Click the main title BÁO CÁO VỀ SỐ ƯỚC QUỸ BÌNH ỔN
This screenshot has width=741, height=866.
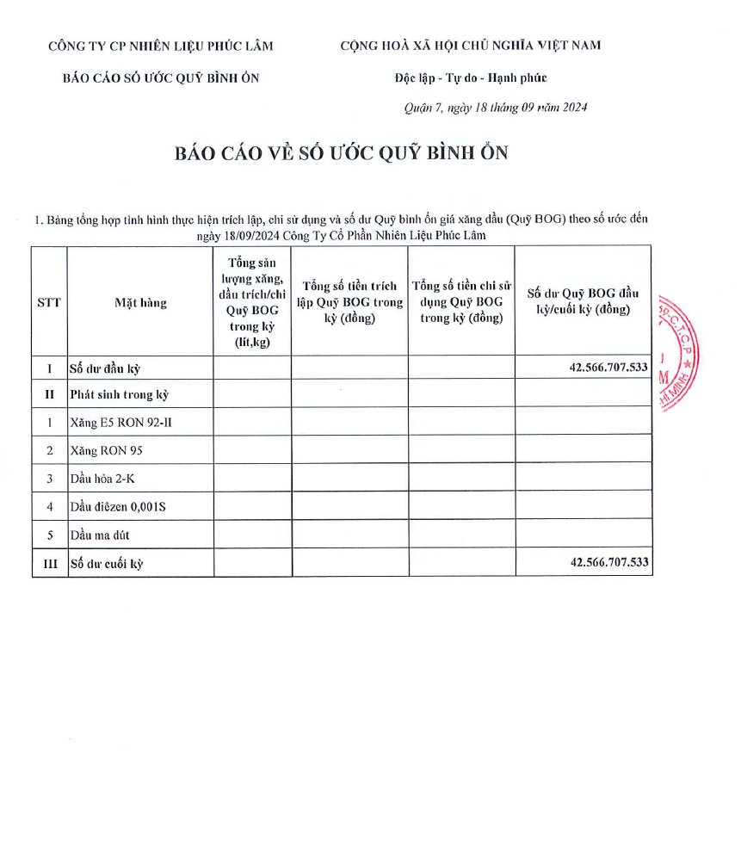[342, 153]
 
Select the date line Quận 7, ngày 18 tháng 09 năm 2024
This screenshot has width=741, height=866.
[496, 108]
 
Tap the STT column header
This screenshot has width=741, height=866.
[49, 302]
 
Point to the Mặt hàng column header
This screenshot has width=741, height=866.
[140, 302]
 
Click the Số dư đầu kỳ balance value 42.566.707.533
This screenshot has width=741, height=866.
[608, 367]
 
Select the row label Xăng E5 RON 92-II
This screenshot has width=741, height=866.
[114, 422]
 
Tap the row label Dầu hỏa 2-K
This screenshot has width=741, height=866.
[102, 479]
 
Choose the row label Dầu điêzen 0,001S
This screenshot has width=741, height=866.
[118, 506]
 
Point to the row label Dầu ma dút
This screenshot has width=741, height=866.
[100, 535]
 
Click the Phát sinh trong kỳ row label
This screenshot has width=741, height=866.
[120, 394]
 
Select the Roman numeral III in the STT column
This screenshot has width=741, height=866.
[50, 564]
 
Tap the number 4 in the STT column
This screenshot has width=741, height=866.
[50, 506]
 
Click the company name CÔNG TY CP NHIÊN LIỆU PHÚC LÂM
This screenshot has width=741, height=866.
[161, 46]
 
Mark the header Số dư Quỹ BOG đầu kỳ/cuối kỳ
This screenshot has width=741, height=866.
[583, 301]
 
